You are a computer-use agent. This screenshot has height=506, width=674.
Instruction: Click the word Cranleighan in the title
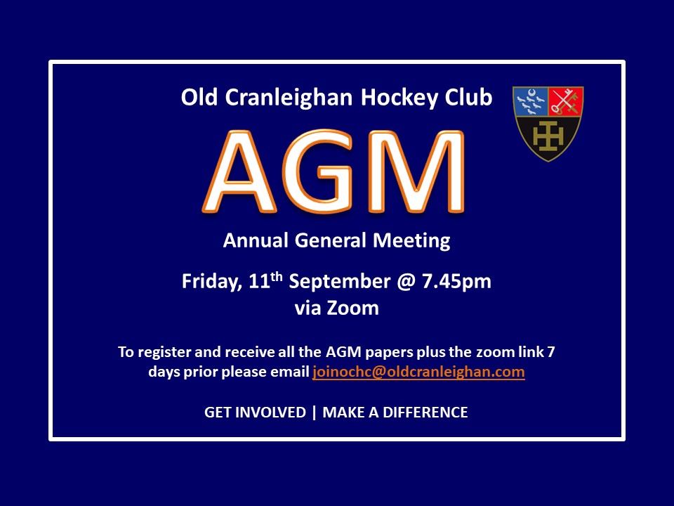tap(289, 98)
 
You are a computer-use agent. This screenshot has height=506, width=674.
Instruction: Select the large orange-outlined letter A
tap(239, 171)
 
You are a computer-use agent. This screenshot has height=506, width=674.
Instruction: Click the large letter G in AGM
tap(318, 171)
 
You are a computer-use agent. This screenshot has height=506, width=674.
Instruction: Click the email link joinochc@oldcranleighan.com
tap(418, 372)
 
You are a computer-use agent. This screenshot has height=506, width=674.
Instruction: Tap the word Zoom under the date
tap(352, 308)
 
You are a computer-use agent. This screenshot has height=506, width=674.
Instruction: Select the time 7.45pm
tap(456, 282)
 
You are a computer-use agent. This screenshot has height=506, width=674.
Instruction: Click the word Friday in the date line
tap(211, 282)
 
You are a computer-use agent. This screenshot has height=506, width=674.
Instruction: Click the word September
tap(340, 282)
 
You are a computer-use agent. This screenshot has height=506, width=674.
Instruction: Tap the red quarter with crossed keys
tap(566, 101)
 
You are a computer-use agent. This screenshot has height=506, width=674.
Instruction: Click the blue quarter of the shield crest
tap(531, 101)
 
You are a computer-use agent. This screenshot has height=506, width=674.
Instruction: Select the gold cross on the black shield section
tap(548, 136)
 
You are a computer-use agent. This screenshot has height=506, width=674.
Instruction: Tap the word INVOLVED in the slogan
tap(271, 413)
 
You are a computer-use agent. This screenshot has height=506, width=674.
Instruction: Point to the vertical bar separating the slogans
tap(315, 413)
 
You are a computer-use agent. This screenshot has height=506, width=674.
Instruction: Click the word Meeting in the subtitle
tap(411, 240)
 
